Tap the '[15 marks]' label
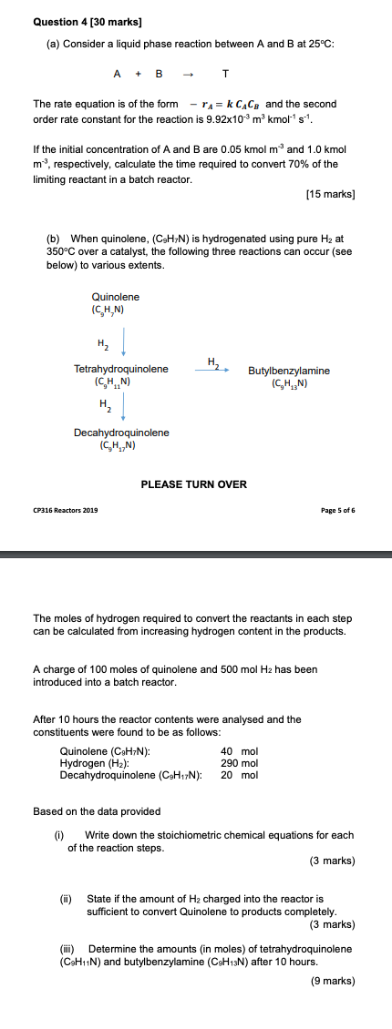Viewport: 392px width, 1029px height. point(331,194)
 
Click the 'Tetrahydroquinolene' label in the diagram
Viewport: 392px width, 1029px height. point(121,369)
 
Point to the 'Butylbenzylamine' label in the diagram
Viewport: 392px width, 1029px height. point(289,371)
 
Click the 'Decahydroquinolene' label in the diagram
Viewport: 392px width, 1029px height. point(121,433)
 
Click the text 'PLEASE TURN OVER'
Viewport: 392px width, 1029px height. point(193,484)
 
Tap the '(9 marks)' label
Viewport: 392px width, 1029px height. point(333,980)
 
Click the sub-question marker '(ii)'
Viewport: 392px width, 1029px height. point(66,899)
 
